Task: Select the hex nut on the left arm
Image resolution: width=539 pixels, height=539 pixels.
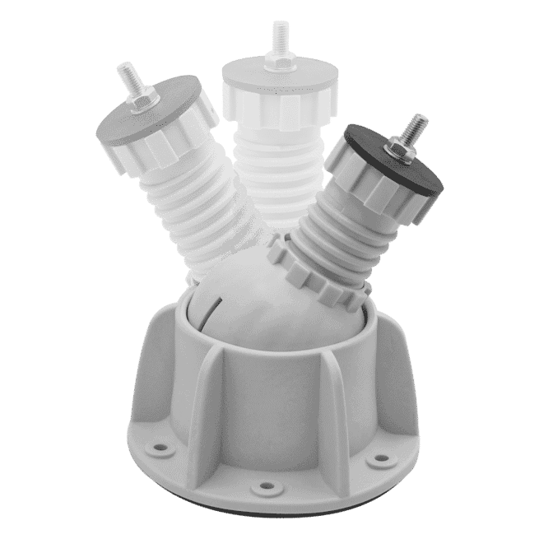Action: (x=143, y=100)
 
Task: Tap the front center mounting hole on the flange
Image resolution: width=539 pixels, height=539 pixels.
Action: (x=265, y=487)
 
